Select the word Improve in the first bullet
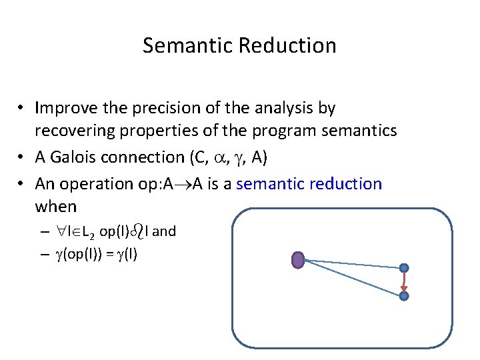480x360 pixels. point(65,107)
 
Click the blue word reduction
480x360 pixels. point(347,183)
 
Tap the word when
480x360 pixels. point(55,206)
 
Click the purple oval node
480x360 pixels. point(299,259)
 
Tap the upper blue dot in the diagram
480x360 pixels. point(404,268)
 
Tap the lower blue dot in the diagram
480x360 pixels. point(404,295)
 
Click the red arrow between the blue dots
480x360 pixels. point(404,282)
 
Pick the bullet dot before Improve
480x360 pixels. point(22,108)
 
